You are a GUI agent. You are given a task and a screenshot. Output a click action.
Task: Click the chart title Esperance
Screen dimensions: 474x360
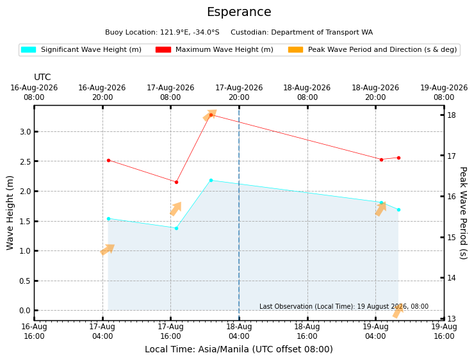point(239,12)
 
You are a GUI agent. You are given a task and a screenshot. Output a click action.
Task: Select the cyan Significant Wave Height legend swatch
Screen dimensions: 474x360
point(28,49)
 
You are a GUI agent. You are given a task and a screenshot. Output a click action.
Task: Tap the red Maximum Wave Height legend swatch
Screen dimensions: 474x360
point(163,49)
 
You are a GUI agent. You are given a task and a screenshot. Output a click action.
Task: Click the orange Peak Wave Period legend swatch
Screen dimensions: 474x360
point(296,49)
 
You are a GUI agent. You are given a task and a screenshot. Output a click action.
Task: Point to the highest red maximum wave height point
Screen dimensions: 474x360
point(211,115)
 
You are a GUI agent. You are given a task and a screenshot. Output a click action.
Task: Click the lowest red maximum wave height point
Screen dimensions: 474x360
point(177,183)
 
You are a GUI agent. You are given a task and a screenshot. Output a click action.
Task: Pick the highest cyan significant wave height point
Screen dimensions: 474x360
point(211,181)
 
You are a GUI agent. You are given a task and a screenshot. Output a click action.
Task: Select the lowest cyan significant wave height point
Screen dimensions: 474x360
point(177,228)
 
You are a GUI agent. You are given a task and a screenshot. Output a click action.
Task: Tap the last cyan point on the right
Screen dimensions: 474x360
point(398,209)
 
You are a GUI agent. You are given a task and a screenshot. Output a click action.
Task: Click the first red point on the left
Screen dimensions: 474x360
point(108,161)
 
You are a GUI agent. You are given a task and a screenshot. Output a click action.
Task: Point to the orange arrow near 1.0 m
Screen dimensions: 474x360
point(108,249)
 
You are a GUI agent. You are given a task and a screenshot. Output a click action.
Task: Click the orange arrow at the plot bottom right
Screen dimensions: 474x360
point(398,311)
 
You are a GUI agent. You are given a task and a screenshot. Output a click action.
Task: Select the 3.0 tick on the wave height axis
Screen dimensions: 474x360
point(26,132)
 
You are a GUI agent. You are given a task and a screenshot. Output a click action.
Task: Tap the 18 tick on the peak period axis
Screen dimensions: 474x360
point(452,115)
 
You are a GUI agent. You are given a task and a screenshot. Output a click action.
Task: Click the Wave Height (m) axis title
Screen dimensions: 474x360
point(10,213)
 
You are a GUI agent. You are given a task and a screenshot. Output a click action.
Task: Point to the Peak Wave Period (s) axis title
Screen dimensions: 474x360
point(463,213)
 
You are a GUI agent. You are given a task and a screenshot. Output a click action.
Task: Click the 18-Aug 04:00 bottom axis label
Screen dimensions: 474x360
point(239,332)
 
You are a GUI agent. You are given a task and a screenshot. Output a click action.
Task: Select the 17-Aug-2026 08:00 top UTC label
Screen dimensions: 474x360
point(170,92)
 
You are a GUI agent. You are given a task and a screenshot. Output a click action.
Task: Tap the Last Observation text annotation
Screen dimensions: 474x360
point(344,306)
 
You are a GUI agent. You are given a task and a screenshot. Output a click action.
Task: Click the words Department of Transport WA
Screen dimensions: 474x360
point(322,32)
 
